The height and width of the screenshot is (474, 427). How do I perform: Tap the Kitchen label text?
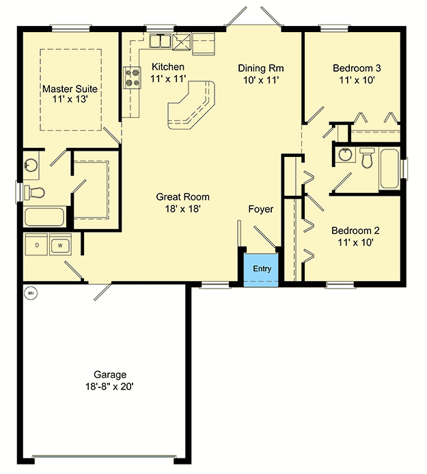pos(167,67)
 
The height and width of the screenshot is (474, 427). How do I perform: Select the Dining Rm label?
pos(260,68)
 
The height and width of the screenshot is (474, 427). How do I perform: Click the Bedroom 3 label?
pos(356,68)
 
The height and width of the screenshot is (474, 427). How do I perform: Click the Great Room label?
pos(182,196)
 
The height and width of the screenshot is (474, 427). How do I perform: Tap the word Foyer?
pos(260,209)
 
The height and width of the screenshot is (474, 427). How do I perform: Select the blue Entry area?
pos(262,268)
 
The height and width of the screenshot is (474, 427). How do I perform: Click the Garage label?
pos(109,374)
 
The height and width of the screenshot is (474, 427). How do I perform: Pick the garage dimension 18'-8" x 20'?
pos(109,386)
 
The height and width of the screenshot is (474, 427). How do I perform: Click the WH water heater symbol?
pos(30,294)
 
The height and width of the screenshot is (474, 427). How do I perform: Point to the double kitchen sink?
pos(160,43)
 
